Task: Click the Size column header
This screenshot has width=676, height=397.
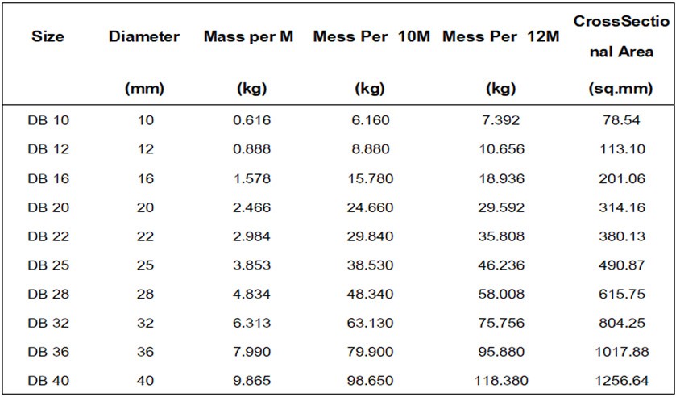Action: click(x=48, y=37)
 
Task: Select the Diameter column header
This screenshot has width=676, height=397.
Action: click(x=144, y=37)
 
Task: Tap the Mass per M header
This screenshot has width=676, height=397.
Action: click(x=249, y=37)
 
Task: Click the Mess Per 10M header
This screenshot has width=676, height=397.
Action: click(x=371, y=37)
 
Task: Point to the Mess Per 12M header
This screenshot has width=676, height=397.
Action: click(x=500, y=37)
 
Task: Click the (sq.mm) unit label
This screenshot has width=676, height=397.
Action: click(x=621, y=89)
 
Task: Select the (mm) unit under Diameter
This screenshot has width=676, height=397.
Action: click(x=144, y=89)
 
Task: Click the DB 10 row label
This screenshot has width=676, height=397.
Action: click(x=48, y=120)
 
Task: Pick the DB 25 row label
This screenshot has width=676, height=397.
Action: click(x=48, y=265)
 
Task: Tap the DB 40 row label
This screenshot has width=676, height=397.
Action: click(x=48, y=381)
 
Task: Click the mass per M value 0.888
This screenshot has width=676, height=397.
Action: click(x=251, y=149)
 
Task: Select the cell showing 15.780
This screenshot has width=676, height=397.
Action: click(x=370, y=178)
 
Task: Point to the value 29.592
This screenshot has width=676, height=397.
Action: click(x=501, y=207)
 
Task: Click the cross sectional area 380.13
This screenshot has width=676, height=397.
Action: click(x=622, y=236)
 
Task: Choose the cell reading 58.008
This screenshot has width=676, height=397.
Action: click(x=501, y=295)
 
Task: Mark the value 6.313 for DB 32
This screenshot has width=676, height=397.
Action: click(x=251, y=323)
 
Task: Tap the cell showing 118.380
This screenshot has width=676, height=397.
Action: click(x=501, y=381)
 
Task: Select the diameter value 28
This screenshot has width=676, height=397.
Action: click(x=146, y=295)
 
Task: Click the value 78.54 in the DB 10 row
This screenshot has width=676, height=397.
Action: click(x=621, y=120)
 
